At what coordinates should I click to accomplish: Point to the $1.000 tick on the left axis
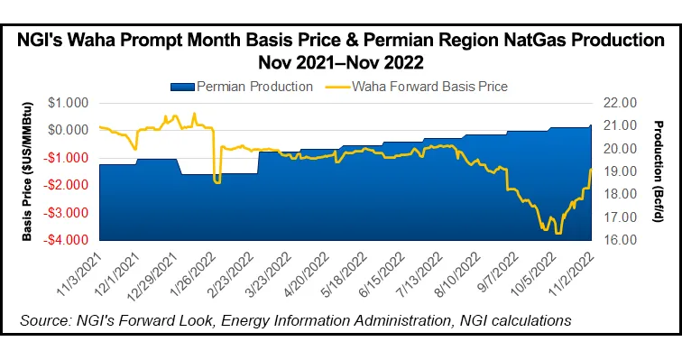click(75, 102)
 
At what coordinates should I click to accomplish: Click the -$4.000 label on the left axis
click(73, 241)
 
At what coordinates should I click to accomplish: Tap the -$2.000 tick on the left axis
click(73, 185)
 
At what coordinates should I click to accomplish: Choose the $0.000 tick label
click(75, 130)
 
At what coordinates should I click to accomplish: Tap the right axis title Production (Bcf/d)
click(656, 171)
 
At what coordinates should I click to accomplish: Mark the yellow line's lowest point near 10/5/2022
click(558, 234)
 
